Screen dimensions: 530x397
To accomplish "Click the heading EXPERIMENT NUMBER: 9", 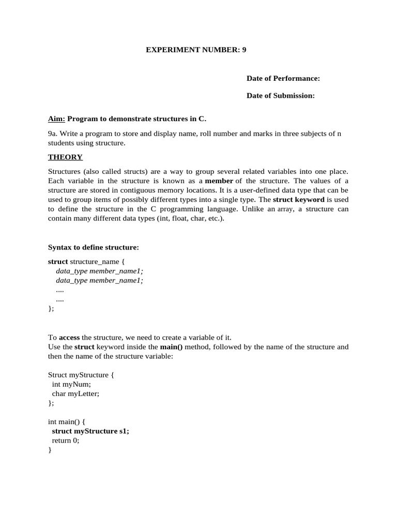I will click(199, 50).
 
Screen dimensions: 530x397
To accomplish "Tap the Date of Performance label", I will click(283, 78).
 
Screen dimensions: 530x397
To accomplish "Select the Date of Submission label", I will click(281, 96).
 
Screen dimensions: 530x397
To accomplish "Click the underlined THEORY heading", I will click(65, 157).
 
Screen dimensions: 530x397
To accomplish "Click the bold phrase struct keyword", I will click(299, 199).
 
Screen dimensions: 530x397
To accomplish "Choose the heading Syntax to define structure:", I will click(94, 247).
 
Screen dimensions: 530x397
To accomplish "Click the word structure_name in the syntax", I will click(89, 261).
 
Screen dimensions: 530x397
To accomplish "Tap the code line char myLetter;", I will click(75, 393).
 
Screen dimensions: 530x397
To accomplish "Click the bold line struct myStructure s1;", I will click(90, 431).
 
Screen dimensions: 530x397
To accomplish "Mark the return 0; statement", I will click(66, 440).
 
